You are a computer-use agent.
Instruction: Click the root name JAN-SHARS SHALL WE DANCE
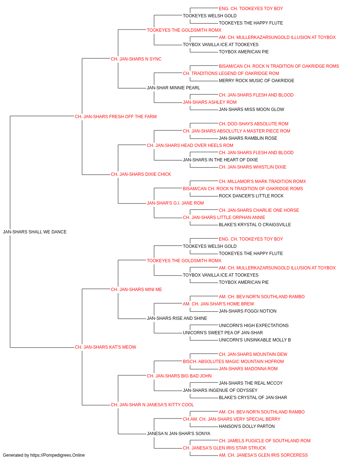[x=35, y=232]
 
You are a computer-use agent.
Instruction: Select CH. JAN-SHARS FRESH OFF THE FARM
[x=116, y=117]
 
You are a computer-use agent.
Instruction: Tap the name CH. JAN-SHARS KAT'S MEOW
[x=105, y=347]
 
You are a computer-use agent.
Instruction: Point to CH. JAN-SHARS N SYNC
[x=136, y=59]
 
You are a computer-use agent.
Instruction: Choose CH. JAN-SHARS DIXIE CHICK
[x=141, y=174]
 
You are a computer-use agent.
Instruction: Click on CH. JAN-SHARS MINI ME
[x=136, y=290]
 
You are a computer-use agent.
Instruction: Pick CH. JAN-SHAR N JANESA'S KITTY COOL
[x=152, y=405]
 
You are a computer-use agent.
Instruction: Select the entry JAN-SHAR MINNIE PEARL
[x=174, y=88]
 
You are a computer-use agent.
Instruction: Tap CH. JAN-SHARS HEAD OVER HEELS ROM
[x=190, y=146]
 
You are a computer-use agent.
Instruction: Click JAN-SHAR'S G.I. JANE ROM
[x=175, y=203]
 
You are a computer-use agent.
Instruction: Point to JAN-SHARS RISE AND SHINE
[x=177, y=318]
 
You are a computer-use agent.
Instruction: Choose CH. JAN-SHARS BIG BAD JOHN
[x=179, y=376]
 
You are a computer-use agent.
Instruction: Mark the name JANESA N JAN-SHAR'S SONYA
[x=179, y=434]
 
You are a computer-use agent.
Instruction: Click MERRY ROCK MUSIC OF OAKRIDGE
[x=257, y=81]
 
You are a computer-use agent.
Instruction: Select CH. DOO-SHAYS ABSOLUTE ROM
[x=253, y=124]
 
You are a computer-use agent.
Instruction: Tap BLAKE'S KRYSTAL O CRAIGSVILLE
[x=255, y=225]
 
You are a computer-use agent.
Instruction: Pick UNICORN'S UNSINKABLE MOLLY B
[x=255, y=340]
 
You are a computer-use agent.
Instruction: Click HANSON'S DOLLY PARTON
[x=247, y=426]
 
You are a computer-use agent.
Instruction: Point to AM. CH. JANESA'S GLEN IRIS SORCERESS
[x=263, y=455]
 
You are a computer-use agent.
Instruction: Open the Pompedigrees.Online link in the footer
[x=57, y=455]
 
